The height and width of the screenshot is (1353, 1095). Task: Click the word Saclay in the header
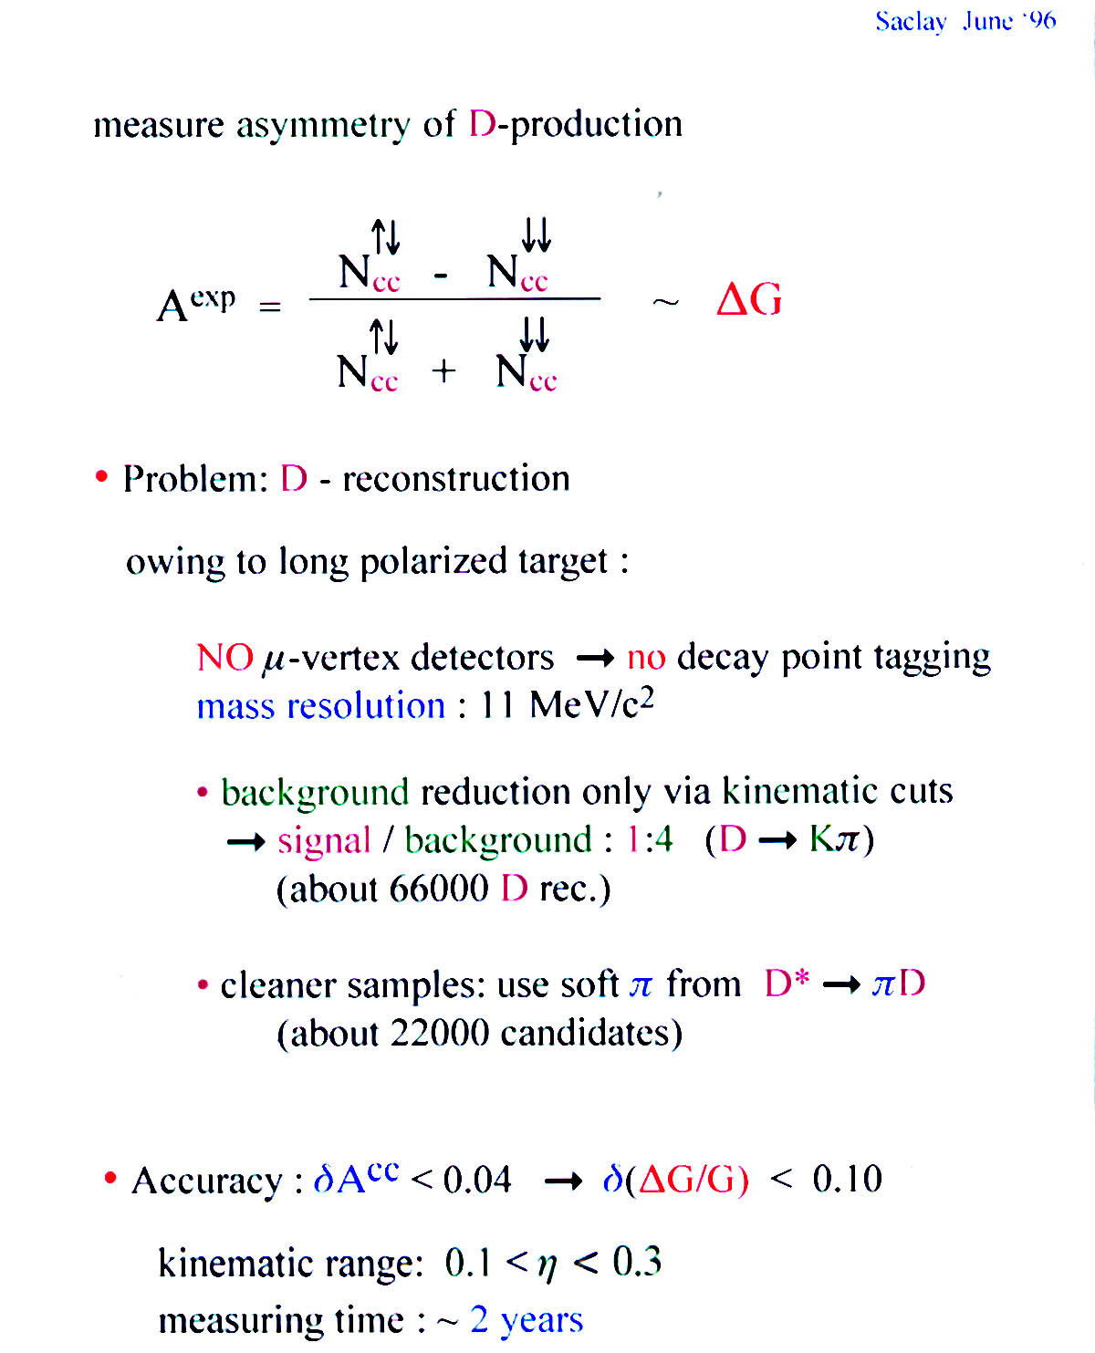[911, 23]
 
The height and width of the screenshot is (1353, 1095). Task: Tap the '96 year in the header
[1039, 20]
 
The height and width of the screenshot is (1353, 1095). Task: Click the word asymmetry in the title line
[323, 125]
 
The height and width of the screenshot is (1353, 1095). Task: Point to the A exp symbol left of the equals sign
[196, 304]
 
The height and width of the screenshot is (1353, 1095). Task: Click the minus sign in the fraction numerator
[441, 276]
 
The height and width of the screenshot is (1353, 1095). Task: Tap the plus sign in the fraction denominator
[443, 370]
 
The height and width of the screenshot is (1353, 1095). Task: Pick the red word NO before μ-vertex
[224, 657]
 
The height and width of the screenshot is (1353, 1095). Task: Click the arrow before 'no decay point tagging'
[595, 658]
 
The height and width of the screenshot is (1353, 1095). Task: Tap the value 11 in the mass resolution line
[496, 706]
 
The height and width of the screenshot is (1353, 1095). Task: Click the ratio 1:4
[650, 839]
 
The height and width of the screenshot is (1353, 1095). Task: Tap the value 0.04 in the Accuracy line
[476, 1180]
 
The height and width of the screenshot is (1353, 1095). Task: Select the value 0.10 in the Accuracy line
[848, 1179]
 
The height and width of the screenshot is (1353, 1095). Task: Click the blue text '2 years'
[527, 1319]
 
